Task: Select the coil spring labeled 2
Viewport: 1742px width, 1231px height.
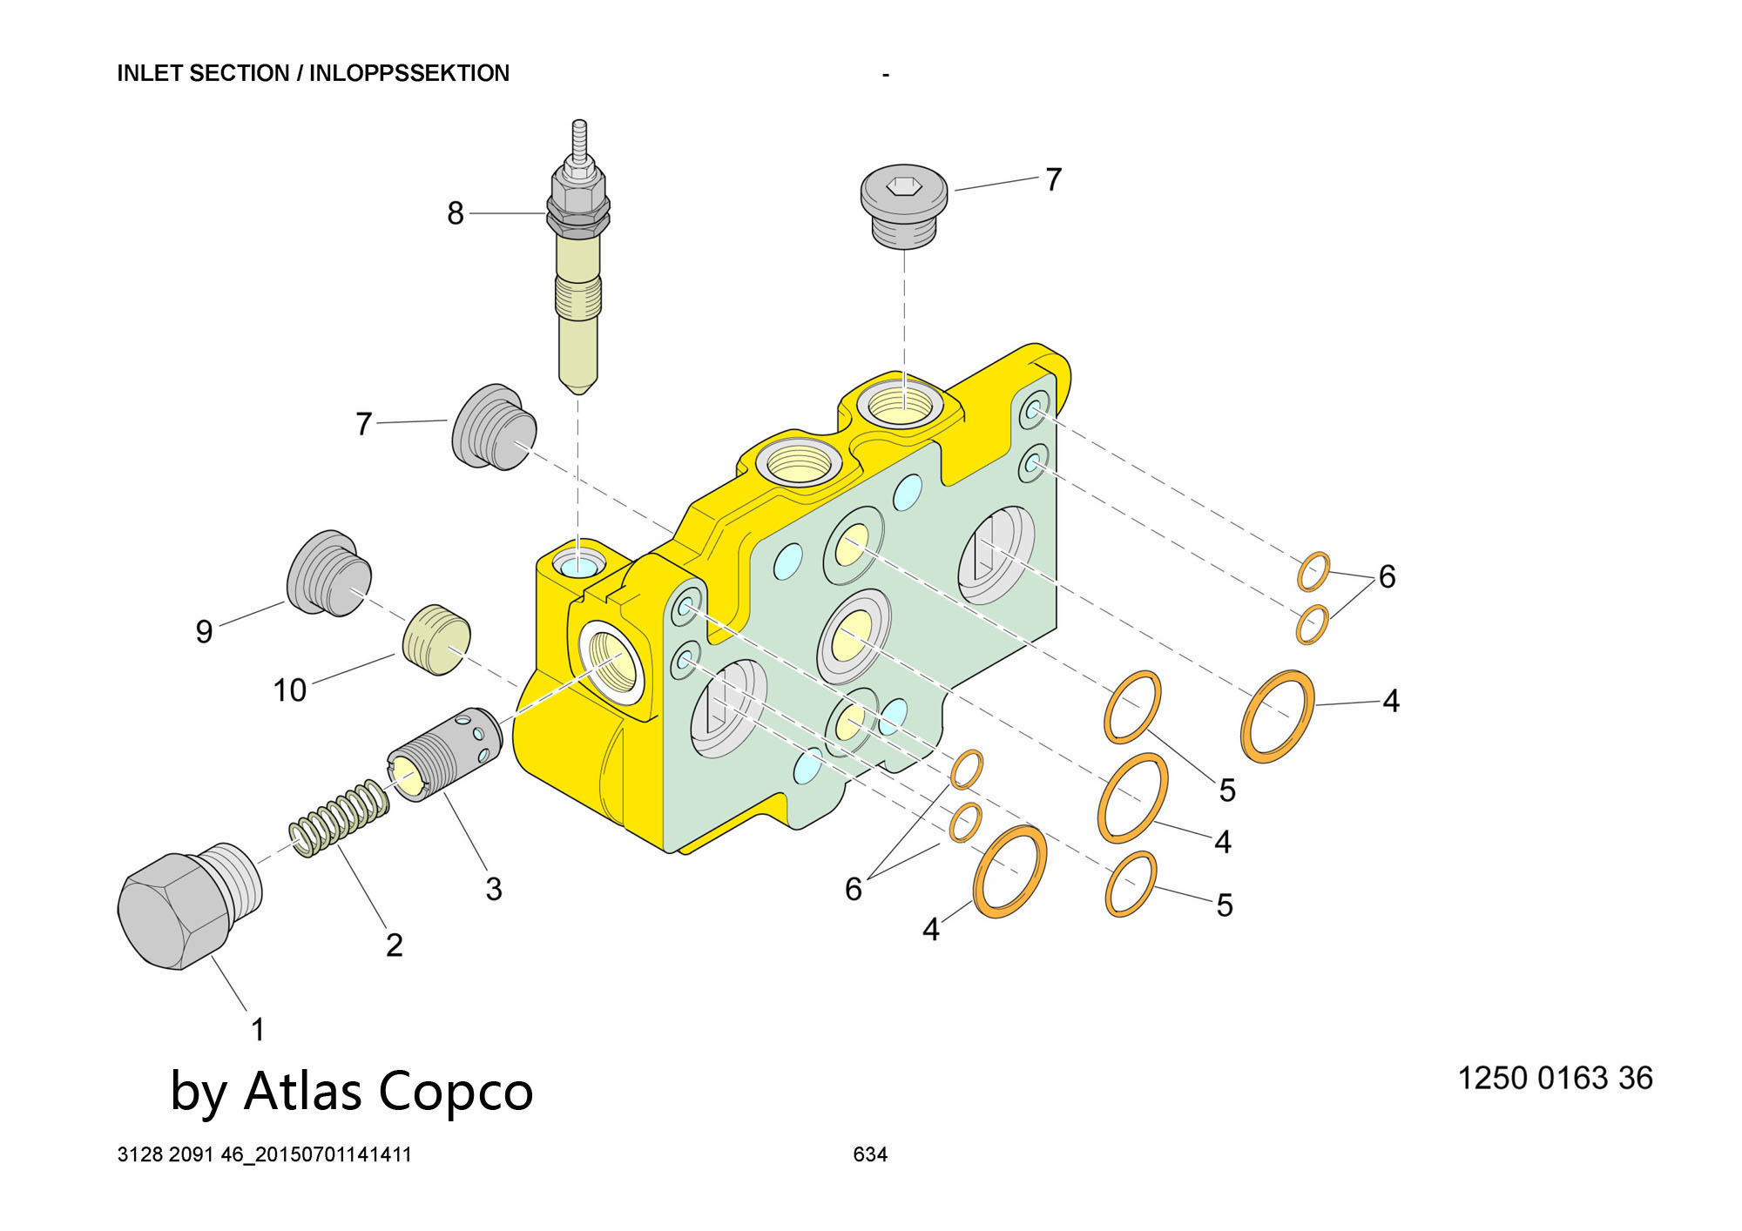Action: pos(340,819)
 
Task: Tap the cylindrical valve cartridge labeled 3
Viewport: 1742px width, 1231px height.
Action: pos(444,754)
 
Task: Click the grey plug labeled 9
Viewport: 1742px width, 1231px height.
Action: pos(329,573)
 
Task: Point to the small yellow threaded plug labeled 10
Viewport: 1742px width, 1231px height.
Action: pos(436,639)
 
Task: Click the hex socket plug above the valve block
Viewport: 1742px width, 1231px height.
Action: pos(904,204)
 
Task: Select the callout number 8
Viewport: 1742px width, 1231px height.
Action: pos(456,213)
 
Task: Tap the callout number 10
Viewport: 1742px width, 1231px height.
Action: pos(290,690)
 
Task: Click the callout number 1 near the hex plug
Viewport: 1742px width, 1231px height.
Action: pos(258,1029)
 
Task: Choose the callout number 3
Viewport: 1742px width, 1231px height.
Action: pos(493,889)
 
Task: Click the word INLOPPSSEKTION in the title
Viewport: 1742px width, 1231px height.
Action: pos(409,73)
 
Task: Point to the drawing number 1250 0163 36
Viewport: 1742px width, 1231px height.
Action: pos(1555,1078)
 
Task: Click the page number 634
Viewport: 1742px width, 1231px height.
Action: pos(870,1154)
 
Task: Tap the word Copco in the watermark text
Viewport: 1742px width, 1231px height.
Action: pos(456,1091)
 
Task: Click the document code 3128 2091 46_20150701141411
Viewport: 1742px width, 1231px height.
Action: pos(264,1154)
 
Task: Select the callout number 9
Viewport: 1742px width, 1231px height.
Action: pos(204,631)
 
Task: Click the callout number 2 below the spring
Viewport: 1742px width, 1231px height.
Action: pos(394,945)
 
